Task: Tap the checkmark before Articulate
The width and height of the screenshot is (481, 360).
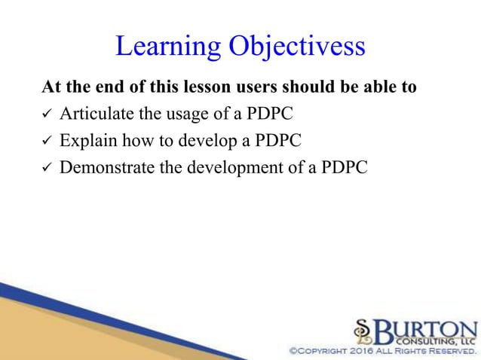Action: (46, 114)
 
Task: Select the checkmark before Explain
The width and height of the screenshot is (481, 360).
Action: (46, 141)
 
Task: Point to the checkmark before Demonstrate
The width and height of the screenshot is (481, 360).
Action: (46, 167)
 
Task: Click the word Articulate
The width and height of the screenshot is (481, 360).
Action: (93, 114)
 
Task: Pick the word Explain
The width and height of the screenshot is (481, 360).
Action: (86, 140)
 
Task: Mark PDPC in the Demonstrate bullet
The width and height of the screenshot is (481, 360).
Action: (344, 166)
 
